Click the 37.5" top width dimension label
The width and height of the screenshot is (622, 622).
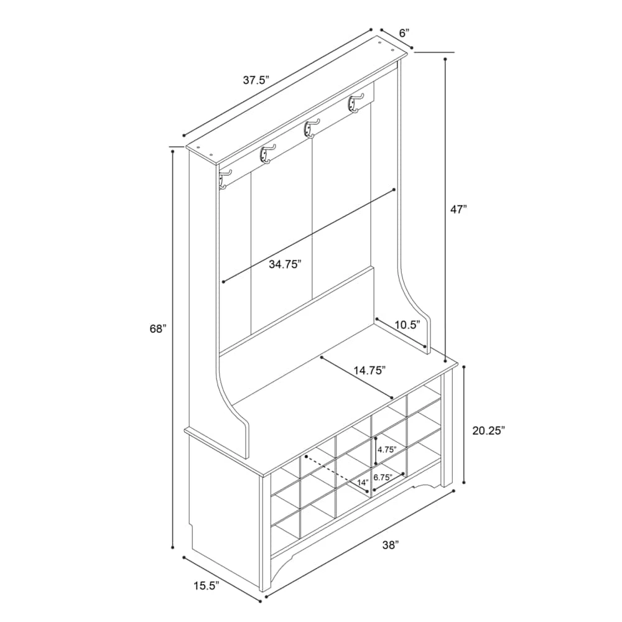click(x=256, y=80)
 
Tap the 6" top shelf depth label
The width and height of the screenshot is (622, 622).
click(x=404, y=33)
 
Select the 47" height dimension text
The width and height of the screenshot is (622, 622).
click(x=458, y=210)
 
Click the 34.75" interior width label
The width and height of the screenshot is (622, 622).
click(x=285, y=264)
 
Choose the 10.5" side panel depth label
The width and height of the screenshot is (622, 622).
click(x=407, y=325)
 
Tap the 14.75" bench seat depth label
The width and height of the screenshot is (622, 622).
click(x=369, y=371)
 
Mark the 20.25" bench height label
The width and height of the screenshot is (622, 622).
click(x=488, y=430)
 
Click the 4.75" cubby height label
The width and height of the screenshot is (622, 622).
click(x=387, y=450)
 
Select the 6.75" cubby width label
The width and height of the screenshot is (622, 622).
click(x=383, y=477)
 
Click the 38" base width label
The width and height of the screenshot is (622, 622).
click(x=391, y=545)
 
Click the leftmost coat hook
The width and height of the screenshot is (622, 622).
click(x=224, y=178)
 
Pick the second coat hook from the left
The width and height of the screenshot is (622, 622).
click(x=267, y=154)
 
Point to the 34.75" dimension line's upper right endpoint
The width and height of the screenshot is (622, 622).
click(x=394, y=190)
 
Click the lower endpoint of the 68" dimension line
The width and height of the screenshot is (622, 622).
click(x=172, y=547)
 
